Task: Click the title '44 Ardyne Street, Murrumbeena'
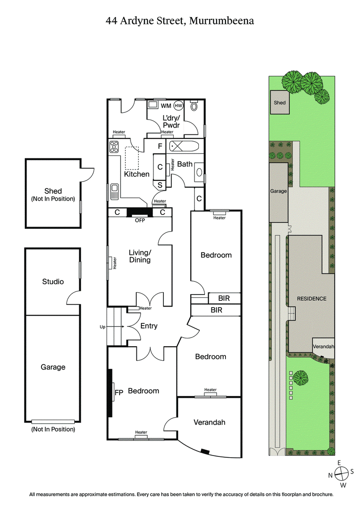coord(180,20)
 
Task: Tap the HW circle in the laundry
coord(179,106)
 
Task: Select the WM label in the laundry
coord(166,106)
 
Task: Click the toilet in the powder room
coord(194,107)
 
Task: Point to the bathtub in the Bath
coord(180,146)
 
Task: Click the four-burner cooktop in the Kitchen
coord(114,147)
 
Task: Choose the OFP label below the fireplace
coord(140,220)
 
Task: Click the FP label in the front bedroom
coord(119,392)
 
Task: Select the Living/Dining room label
coord(139,256)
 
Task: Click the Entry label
coord(148,326)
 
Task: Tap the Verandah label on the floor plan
coord(209,422)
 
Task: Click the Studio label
coord(53,281)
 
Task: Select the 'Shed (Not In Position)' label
coord(53,195)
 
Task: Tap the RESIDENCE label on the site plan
coord(311,299)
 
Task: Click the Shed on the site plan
coord(279,103)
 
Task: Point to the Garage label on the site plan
coord(278,191)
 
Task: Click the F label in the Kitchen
coord(159,146)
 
